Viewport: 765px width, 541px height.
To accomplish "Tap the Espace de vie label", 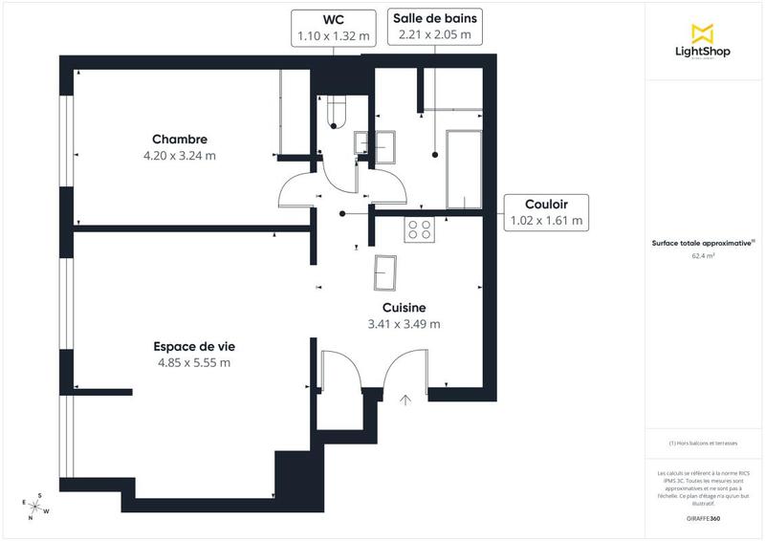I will click(x=194, y=346).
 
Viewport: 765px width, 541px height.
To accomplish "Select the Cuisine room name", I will click(x=404, y=307).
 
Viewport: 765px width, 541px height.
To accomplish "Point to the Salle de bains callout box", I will click(x=434, y=27).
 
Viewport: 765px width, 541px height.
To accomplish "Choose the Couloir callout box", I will click(x=546, y=211).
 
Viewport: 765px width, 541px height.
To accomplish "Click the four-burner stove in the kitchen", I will click(x=419, y=228).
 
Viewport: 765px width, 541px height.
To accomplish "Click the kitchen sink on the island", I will click(x=387, y=273).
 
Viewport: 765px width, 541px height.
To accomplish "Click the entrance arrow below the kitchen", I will click(x=405, y=400).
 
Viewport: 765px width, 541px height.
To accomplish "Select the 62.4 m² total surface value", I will click(x=703, y=256).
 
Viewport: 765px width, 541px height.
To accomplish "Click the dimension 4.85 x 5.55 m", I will click(x=194, y=362).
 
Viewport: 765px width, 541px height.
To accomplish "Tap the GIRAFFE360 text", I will click(x=703, y=517).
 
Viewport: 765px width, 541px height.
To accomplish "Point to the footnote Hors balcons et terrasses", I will click(x=704, y=443).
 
